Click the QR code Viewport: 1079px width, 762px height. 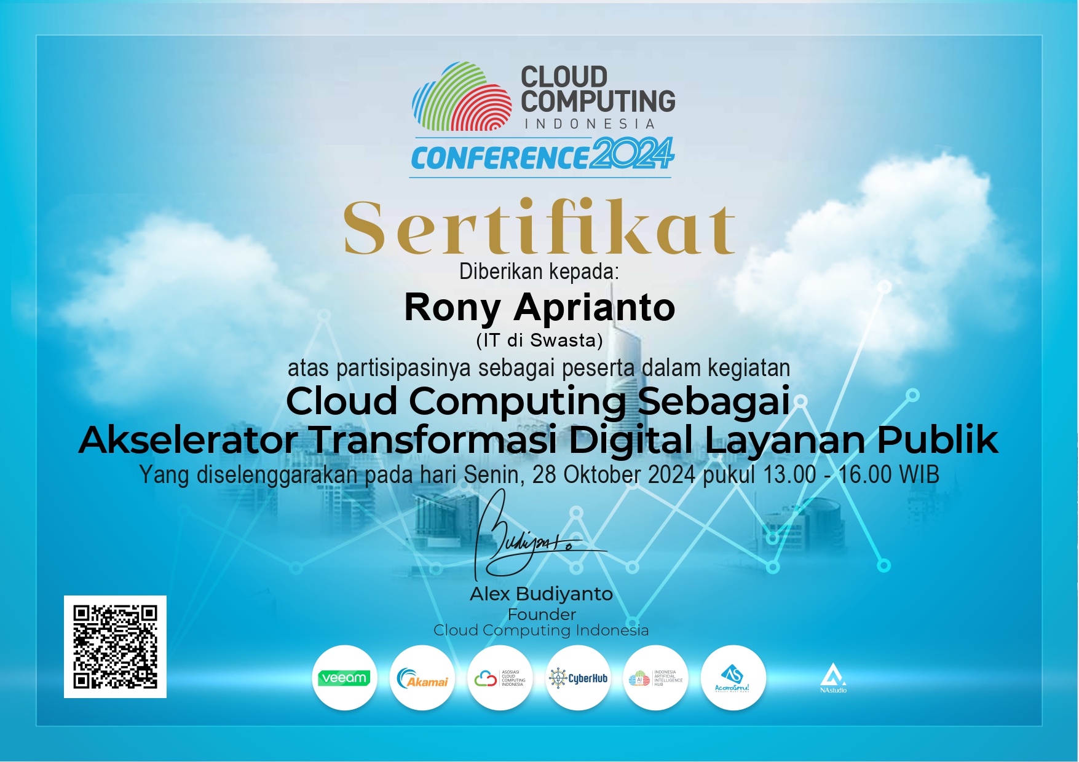[x=115, y=646]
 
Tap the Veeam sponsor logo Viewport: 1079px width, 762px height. [x=344, y=678]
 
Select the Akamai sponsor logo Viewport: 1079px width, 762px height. [x=422, y=678]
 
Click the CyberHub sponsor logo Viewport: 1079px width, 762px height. [x=578, y=678]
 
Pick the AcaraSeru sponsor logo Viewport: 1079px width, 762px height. [x=733, y=678]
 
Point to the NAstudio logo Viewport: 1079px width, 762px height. [x=833, y=678]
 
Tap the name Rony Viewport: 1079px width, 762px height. [x=452, y=307]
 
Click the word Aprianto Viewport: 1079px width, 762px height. [x=595, y=307]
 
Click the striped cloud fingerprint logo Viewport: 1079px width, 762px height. [x=462, y=96]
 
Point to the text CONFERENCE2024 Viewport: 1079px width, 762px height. [x=542, y=155]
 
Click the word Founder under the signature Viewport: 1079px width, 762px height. [x=542, y=614]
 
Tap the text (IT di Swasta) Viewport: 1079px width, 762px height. [x=539, y=340]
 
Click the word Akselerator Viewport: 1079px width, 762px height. [x=188, y=440]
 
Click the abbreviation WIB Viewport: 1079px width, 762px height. [x=919, y=474]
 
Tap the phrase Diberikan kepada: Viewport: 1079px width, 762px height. [x=539, y=271]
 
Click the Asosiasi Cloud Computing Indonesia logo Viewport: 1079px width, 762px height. [x=500, y=678]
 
